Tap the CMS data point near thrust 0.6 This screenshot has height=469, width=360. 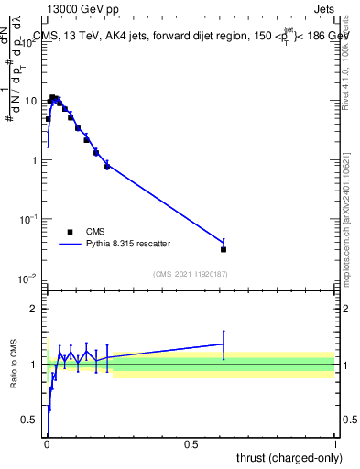pyautogui.click(x=224, y=249)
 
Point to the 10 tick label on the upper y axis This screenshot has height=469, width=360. pyautogui.click(x=31, y=101)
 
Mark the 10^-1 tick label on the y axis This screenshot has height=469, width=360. pyautogui.click(x=29, y=219)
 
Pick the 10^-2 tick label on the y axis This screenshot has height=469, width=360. pyautogui.click(x=29, y=278)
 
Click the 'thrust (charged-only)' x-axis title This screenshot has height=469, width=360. pyautogui.click(x=286, y=458)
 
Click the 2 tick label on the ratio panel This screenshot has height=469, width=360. pyautogui.click(x=35, y=309)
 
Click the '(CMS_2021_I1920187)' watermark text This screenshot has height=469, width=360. pyautogui.click(x=190, y=274)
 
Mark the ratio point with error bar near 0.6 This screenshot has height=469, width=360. pyautogui.click(x=224, y=344)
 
